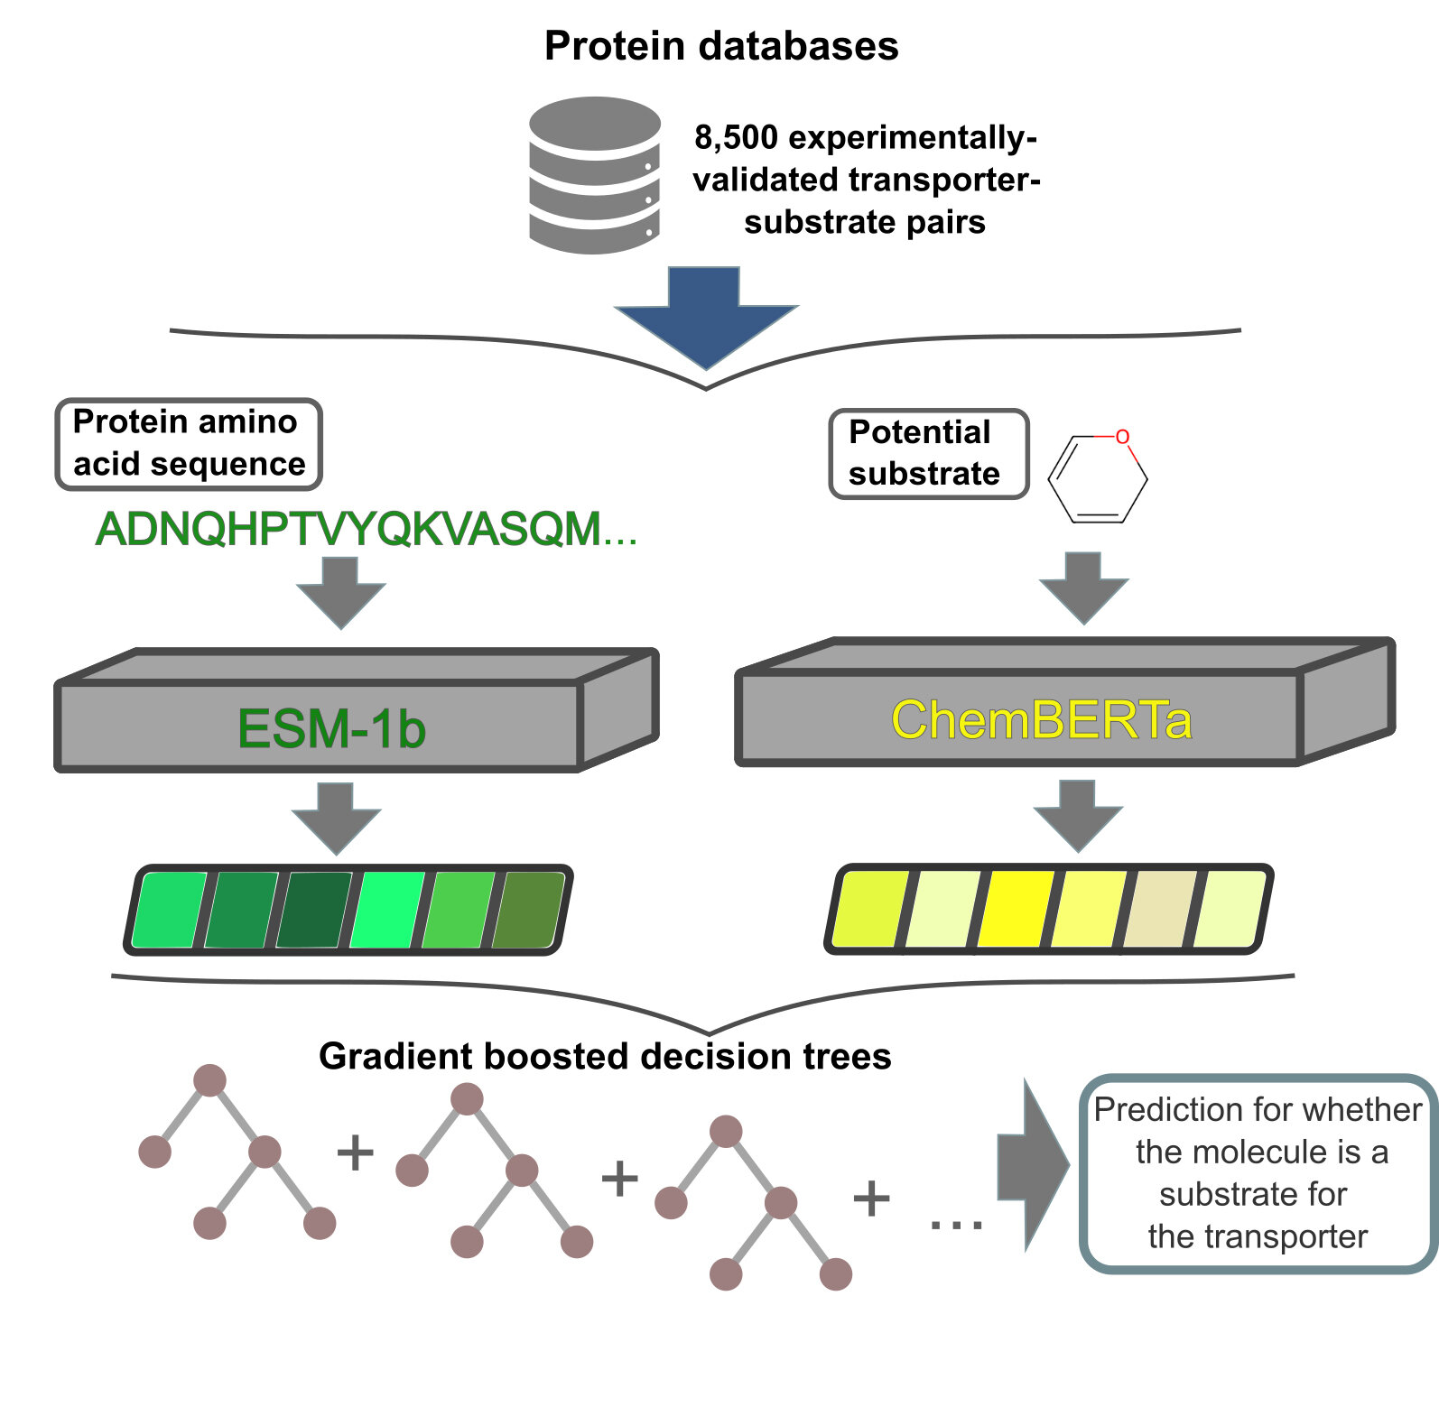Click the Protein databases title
(721, 46)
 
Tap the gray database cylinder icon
(595, 175)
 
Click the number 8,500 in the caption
(736, 137)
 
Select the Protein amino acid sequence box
(189, 444)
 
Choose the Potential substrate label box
(929, 453)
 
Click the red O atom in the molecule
(1122, 437)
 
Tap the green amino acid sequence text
(367, 529)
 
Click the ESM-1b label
(331, 728)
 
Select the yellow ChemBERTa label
(1042, 720)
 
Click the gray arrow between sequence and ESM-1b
(341, 592)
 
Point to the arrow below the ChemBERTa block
(1078, 816)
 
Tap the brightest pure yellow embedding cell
(1016, 909)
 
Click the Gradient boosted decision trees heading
(605, 1056)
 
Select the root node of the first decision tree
(209, 1080)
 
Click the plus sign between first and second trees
(355, 1152)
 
